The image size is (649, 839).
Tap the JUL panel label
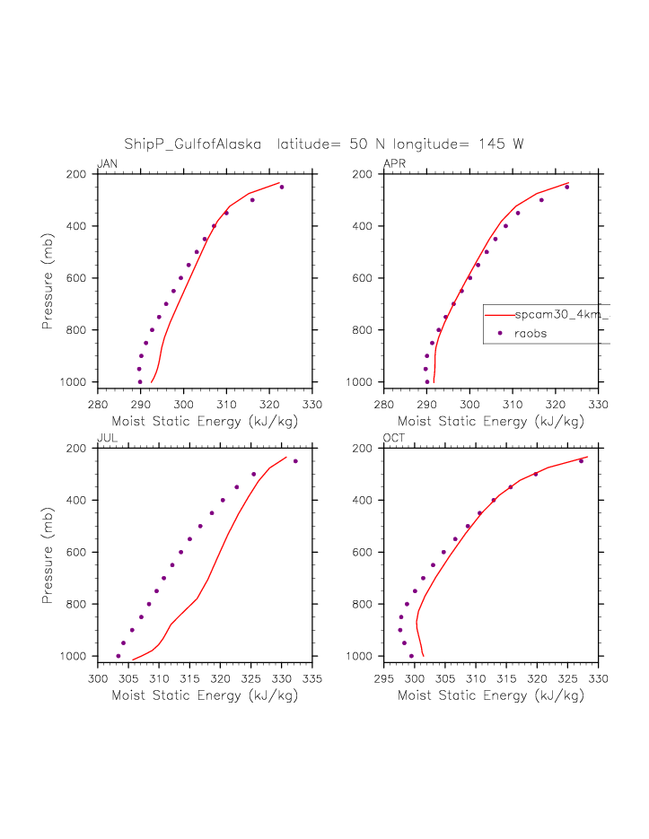(x=106, y=439)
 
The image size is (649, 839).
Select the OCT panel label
(x=394, y=439)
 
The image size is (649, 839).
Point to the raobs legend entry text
(x=531, y=333)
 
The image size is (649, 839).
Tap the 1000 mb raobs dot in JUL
(x=118, y=656)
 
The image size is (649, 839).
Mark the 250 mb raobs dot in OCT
(x=581, y=461)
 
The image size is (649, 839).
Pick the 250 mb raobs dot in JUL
(x=295, y=461)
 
